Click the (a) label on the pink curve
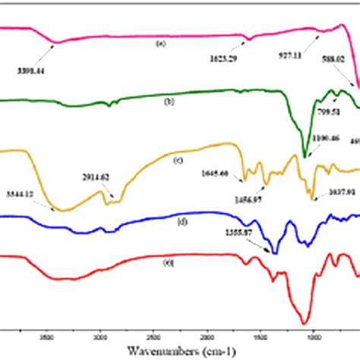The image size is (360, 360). (x=160, y=43)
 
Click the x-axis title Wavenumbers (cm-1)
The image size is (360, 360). (x=180, y=352)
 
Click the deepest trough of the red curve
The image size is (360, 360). (x=305, y=322)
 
